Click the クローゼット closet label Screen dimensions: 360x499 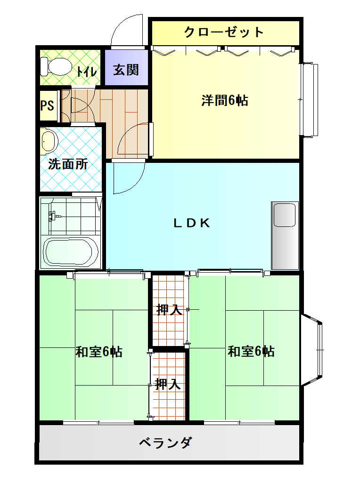(224, 32)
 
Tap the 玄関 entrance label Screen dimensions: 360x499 (126, 70)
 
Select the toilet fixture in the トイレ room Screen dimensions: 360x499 (56, 66)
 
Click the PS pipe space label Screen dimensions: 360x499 (47, 105)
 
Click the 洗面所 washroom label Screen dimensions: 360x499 (68, 164)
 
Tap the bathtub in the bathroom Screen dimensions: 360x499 (71, 251)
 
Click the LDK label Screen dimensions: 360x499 (192, 223)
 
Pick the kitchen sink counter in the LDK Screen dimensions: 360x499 (285, 235)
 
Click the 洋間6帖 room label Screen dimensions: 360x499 (225, 101)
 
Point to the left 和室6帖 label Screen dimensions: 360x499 (99, 352)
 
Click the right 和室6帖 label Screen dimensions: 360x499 (251, 351)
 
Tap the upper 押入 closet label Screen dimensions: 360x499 (169, 309)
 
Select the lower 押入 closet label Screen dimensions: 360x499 (168, 385)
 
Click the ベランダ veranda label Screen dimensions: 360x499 (166, 443)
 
